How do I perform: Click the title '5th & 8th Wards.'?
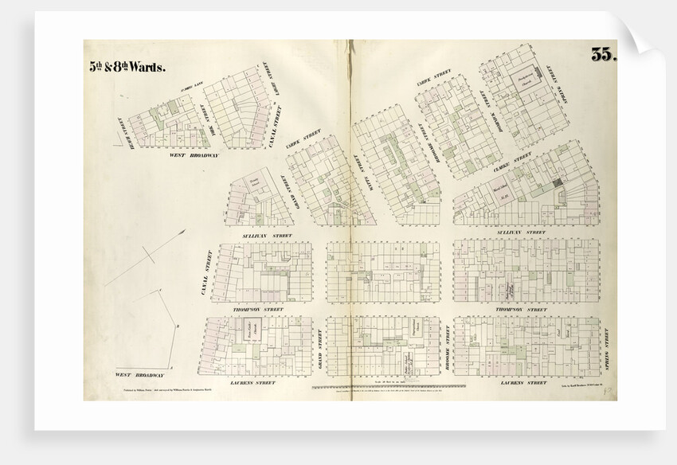pos(127,67)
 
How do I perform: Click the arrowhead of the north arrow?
pos(184,232)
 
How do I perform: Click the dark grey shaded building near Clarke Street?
pos(558,182)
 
